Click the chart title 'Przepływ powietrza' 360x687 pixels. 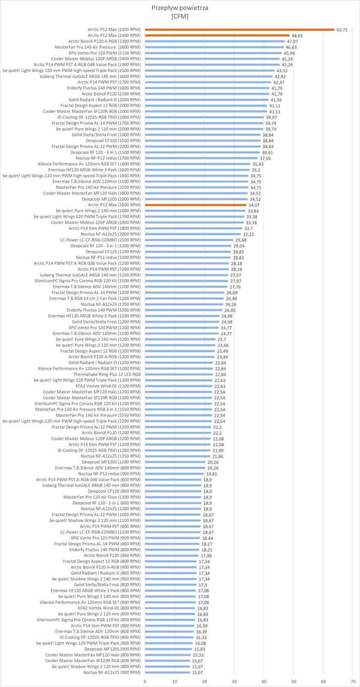[x=179, y=8]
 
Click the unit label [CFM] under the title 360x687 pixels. [x=179, y=17]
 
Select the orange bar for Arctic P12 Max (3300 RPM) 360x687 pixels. [x=239, y=30]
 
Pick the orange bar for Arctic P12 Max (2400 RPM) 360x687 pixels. [x=217, y=35]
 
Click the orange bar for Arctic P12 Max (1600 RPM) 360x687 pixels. [x=196, y=205]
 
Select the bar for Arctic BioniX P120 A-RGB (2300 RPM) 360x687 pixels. [x=215, y=41]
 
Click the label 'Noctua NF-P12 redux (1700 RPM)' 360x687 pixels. [x=108, y=158]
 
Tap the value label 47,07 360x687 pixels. [x=292, y=41]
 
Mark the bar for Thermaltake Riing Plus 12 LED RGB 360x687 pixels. [x=179, y=374]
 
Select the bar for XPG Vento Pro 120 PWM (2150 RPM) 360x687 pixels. [x=213, y=53]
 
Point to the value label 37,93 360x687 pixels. [x=265, y=158]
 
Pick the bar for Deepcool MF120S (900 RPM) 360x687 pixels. [x=169, y=649]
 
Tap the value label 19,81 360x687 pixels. [x=211, y=474]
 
